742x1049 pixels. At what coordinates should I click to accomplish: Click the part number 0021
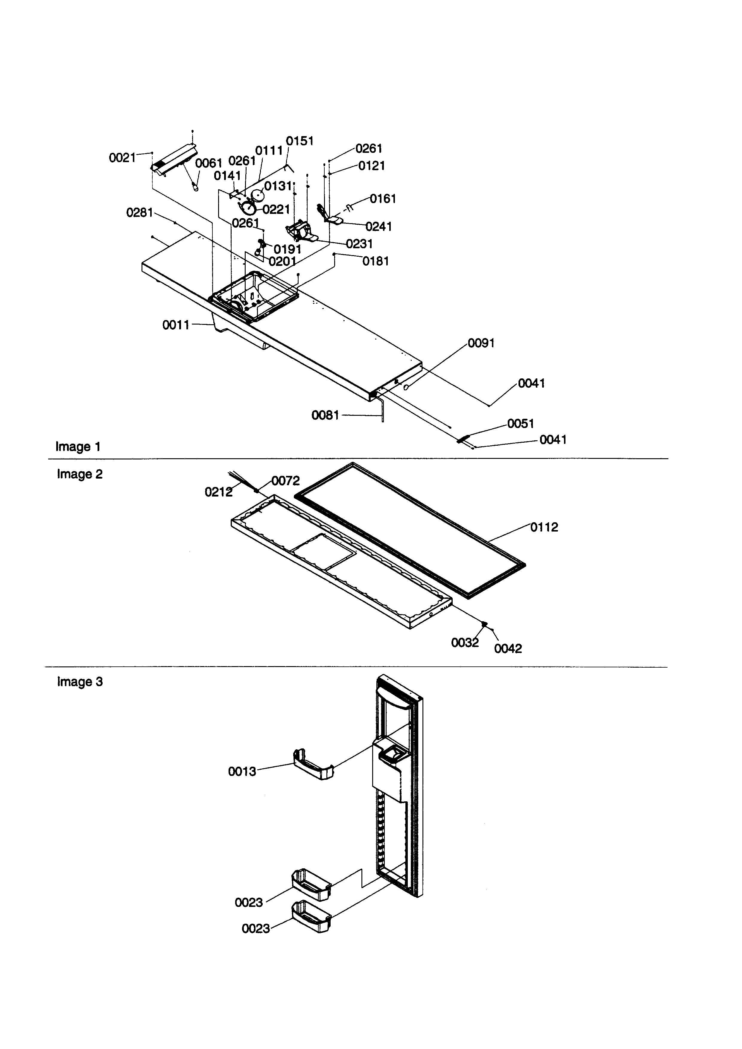pos(122,158)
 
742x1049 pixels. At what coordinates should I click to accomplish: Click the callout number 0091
pos(481,343)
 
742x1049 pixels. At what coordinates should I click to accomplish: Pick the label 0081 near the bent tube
pos(325,415)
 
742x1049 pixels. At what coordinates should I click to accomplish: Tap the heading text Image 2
pos(80,474)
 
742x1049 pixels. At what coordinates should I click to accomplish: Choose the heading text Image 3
pos(80,682)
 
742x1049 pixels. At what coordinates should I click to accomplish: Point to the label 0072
pos(285,481)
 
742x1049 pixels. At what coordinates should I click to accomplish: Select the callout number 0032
pos(465,643)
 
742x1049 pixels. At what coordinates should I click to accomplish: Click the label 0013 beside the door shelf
pos(242,772)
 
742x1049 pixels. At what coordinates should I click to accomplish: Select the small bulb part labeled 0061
pos(196,186)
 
